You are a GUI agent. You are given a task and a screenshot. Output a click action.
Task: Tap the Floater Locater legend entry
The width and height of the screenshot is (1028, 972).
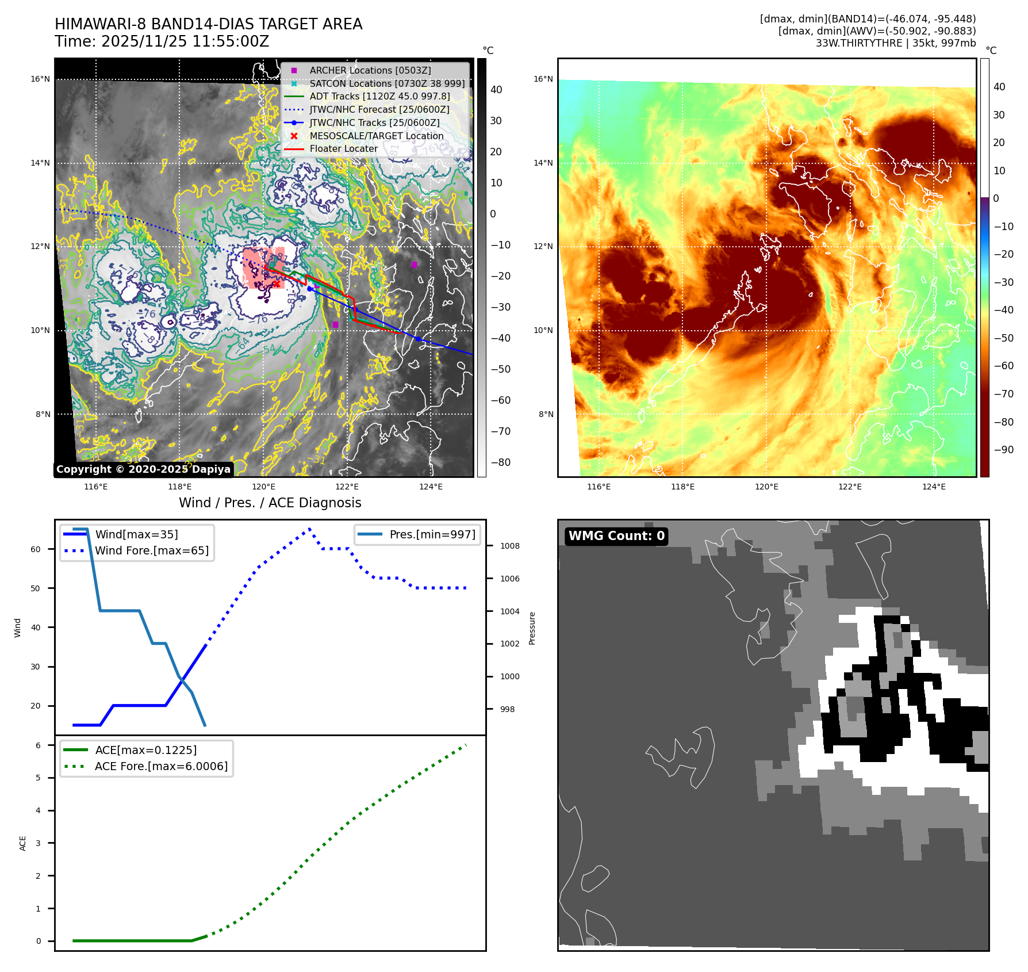click(343, 148)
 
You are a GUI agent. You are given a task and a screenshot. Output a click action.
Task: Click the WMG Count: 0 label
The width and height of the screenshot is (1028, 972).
click(616, 536)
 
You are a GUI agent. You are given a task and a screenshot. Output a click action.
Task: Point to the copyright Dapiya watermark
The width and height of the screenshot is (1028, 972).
click(143, 469)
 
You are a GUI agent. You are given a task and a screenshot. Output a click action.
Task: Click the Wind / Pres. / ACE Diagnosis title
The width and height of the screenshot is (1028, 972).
click(270, 503)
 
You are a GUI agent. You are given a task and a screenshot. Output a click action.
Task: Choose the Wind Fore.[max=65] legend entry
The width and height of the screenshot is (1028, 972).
click(151, 550)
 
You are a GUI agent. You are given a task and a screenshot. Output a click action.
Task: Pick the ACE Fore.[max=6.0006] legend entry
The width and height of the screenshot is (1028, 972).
click(161, 766)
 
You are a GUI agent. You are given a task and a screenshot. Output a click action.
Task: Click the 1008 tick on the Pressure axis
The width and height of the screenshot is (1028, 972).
click(509, 546)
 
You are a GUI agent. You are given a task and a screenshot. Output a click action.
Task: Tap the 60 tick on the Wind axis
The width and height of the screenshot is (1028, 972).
click(36, 549)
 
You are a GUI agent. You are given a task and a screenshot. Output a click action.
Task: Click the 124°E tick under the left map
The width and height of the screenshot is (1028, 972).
click(431, 487)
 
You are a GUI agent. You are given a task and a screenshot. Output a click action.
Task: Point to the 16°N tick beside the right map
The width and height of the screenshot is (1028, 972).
click(543, 79)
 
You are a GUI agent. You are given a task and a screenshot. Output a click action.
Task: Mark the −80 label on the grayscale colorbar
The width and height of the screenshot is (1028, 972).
click(500, 462)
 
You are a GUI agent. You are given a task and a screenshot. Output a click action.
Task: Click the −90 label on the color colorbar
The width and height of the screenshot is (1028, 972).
click(1003, 450)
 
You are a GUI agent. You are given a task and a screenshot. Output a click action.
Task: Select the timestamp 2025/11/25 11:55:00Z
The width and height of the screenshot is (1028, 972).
click(185, 41)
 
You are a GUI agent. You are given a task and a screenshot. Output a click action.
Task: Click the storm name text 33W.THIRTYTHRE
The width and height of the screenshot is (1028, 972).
click(858, 43)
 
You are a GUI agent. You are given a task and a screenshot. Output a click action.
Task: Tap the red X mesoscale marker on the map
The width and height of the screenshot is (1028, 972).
click(277, 283)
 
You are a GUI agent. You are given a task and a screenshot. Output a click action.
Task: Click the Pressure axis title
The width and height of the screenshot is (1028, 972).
click(532, 628)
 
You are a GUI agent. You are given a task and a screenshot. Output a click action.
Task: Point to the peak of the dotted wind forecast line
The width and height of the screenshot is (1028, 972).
click(309, 528)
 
